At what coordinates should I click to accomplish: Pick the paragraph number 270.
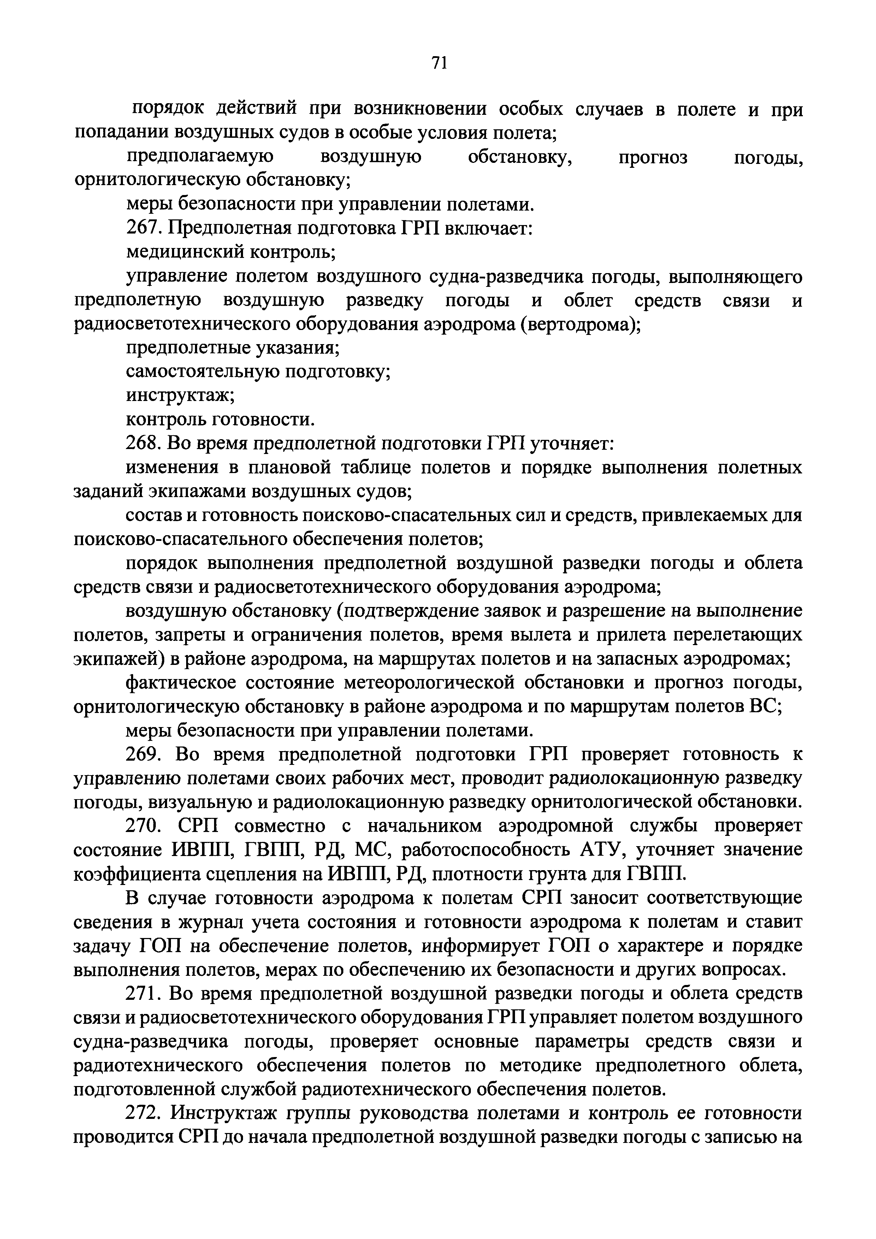[x=144, y=826]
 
